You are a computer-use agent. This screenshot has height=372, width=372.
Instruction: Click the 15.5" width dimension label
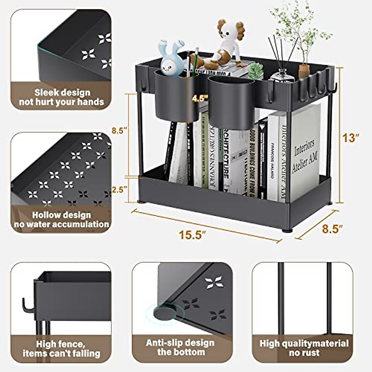193,234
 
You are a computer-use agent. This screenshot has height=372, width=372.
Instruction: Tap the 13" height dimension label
351,138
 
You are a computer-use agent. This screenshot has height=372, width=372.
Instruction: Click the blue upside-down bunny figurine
170,59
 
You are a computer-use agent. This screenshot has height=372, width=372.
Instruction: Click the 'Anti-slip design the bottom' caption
180,347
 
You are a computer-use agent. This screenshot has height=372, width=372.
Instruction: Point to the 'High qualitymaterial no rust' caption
304,348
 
